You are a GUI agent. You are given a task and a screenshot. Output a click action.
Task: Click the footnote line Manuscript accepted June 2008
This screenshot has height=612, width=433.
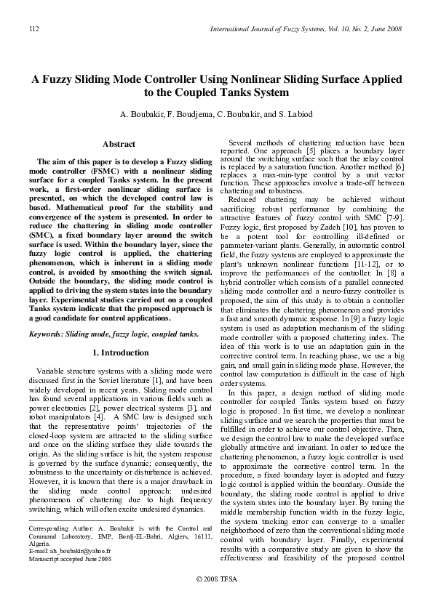(x=70, y=559)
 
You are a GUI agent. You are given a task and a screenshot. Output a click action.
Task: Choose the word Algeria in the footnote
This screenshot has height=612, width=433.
(x=40, y=544)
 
